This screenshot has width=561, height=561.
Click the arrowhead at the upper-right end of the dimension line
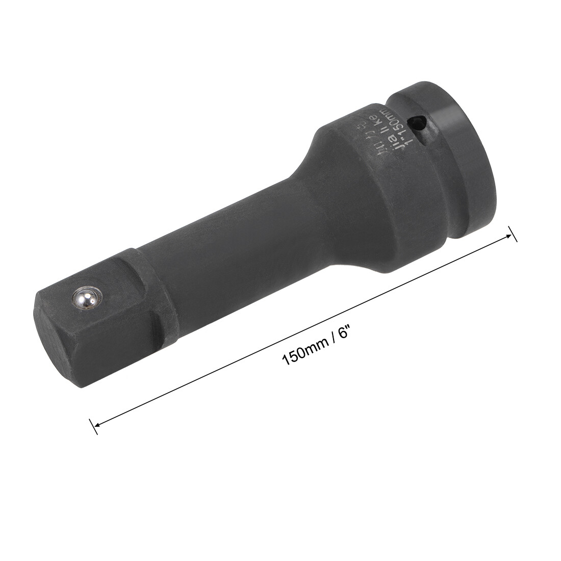coord(507,236)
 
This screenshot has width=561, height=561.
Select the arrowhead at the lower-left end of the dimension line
coord(97,423)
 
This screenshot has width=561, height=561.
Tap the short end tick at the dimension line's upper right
coord(512,234)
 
